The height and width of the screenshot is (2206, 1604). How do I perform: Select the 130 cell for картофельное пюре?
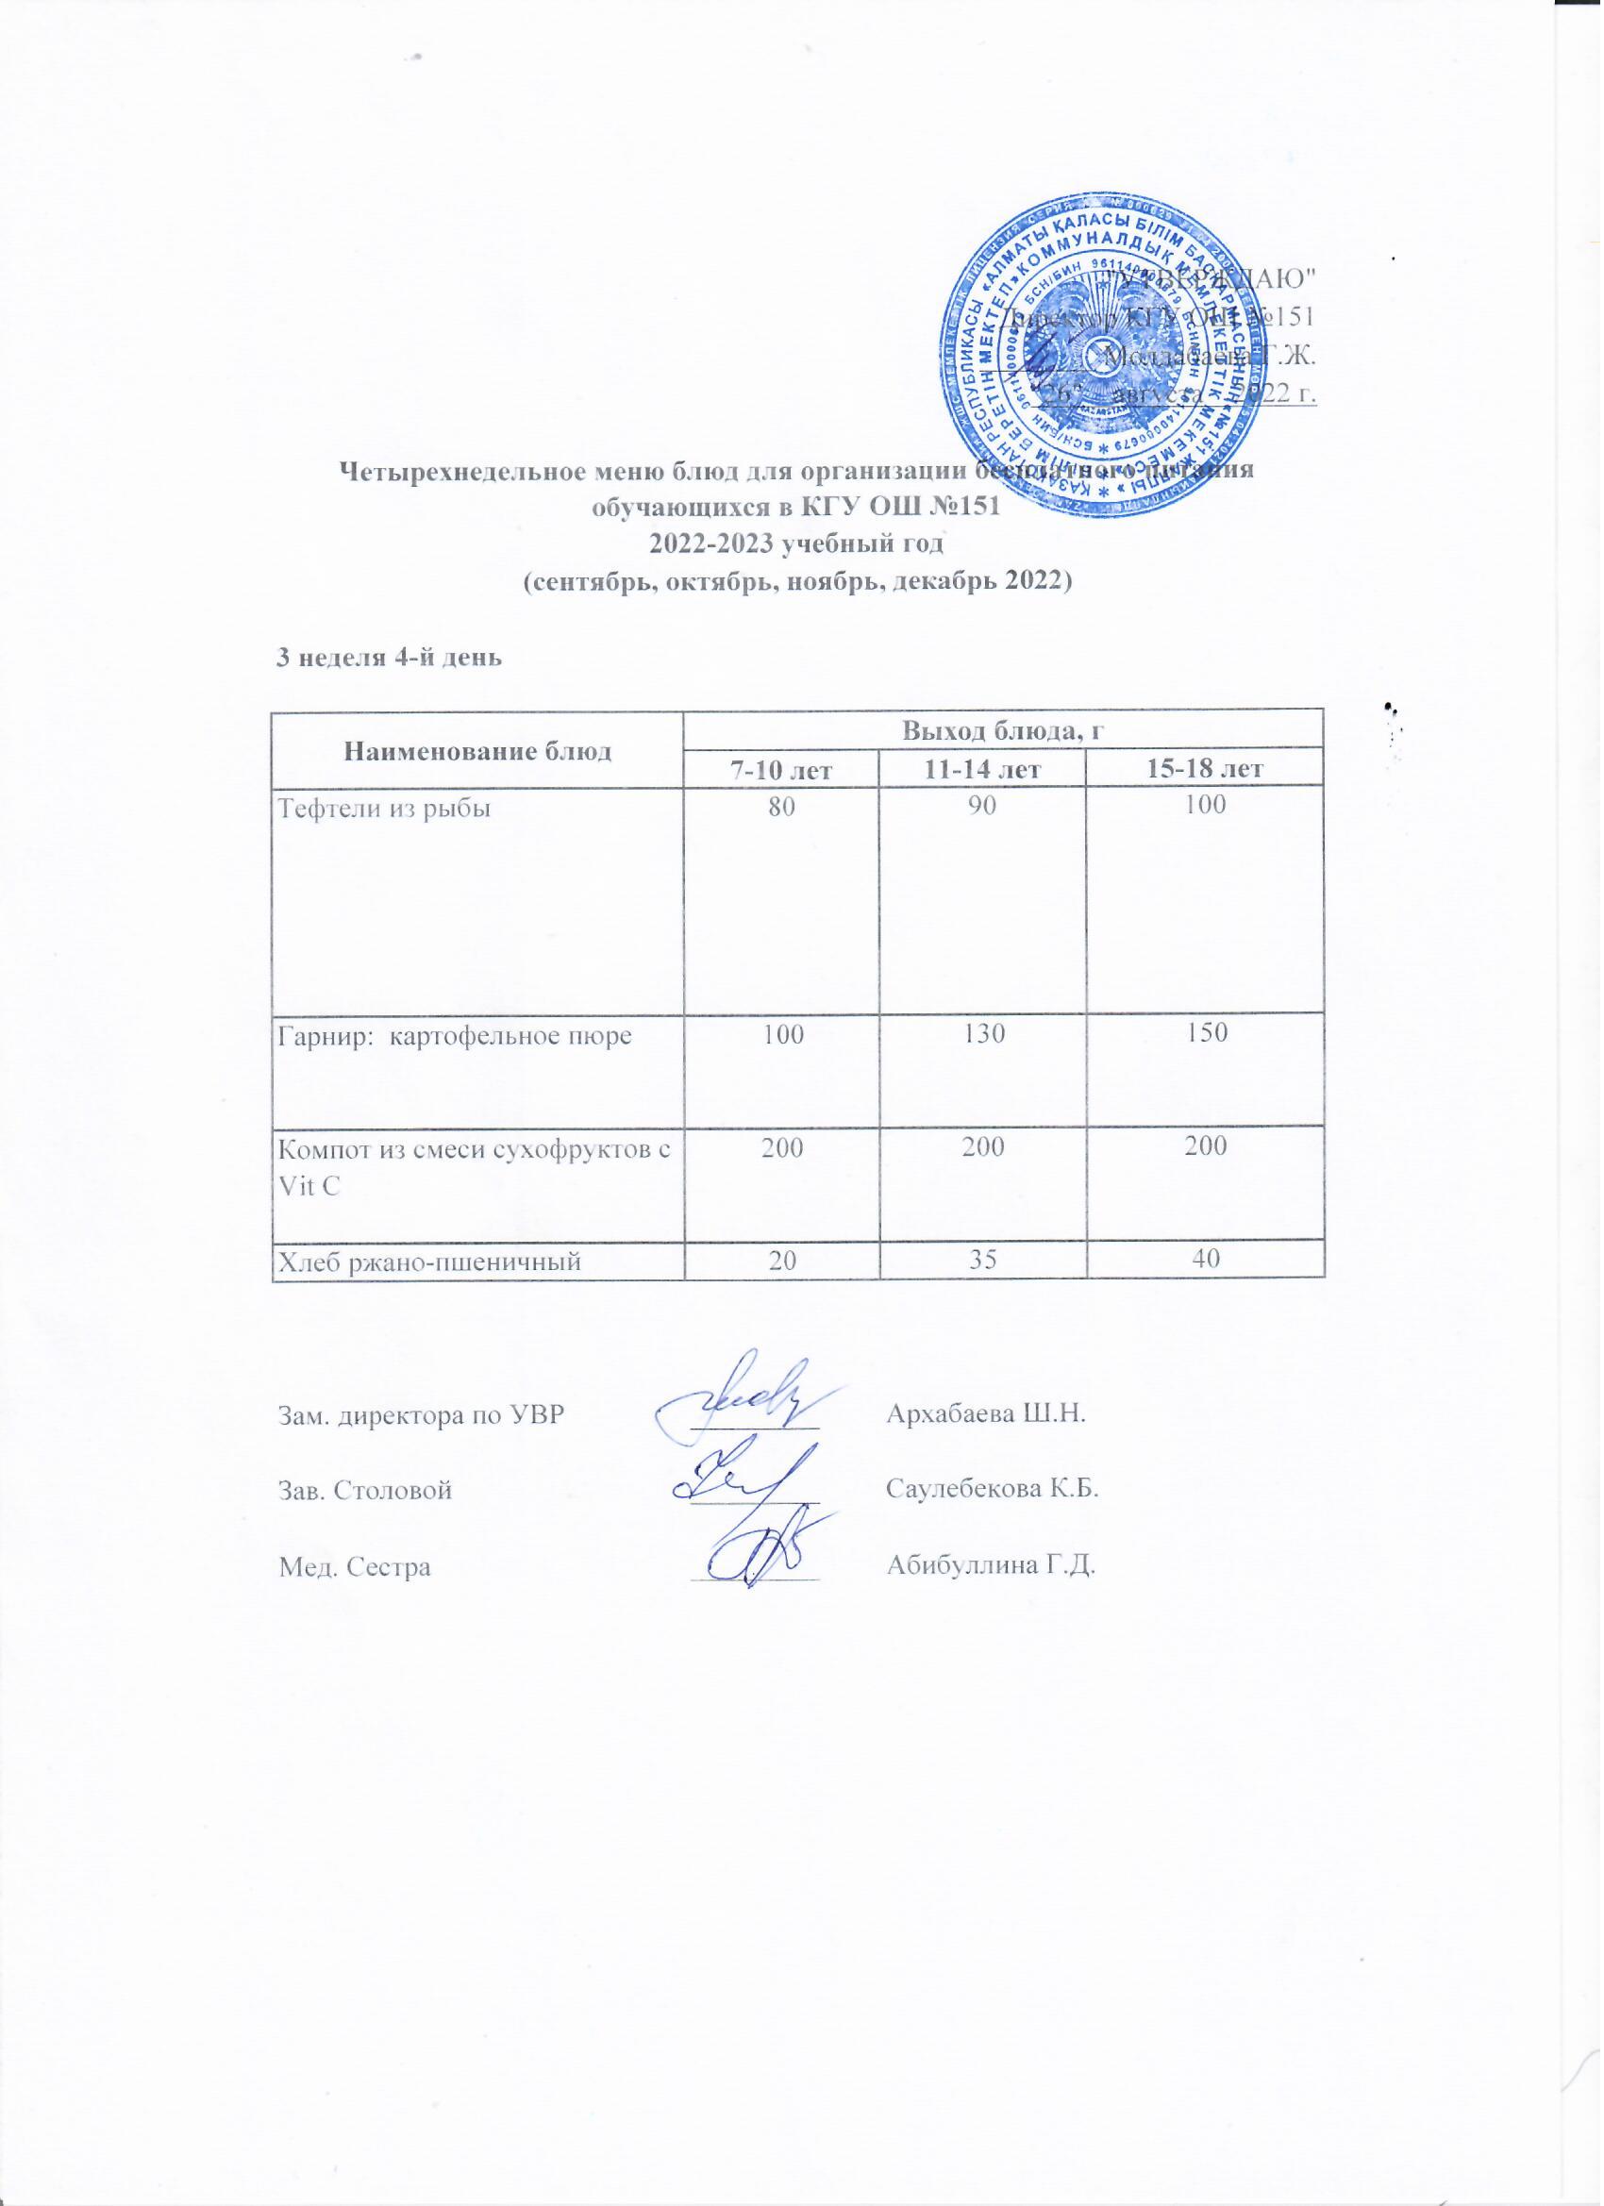click(x=981, y=1035)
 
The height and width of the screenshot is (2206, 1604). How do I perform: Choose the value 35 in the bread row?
click(x=981, y=1262)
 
